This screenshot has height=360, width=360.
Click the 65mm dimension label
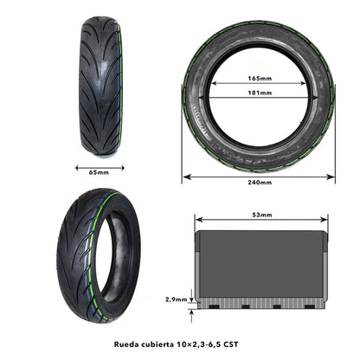click(99, 172)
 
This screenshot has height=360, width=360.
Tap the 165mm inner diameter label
click(259, 78)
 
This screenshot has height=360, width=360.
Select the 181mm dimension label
click(259, 93)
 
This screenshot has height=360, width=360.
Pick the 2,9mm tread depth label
click(175, 299)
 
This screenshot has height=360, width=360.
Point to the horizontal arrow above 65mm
click(99, 166)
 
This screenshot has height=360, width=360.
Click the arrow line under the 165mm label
click(259, 84)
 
